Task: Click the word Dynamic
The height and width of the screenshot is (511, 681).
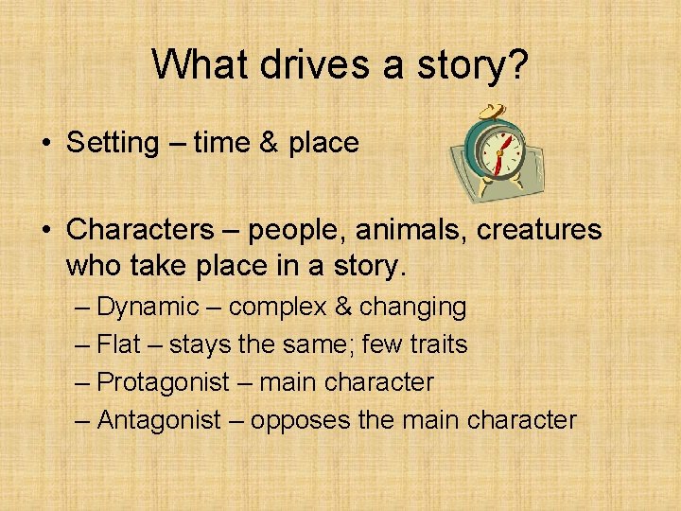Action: click(148, 307)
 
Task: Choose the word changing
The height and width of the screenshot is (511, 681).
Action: click(413, 307)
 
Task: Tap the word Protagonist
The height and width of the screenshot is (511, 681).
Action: click(164, 382)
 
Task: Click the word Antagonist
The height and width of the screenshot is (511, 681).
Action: click(159, 420)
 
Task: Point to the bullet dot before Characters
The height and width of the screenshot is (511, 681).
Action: click(45, 230)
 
